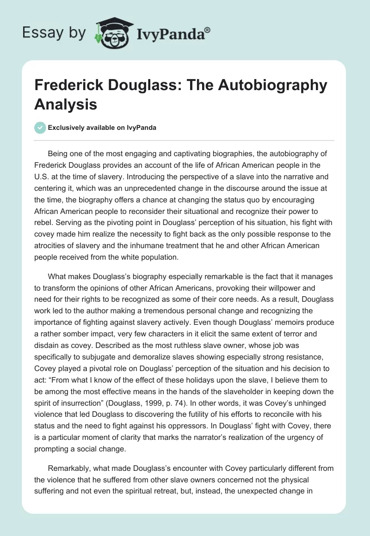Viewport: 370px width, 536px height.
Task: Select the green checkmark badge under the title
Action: point(40,128)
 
